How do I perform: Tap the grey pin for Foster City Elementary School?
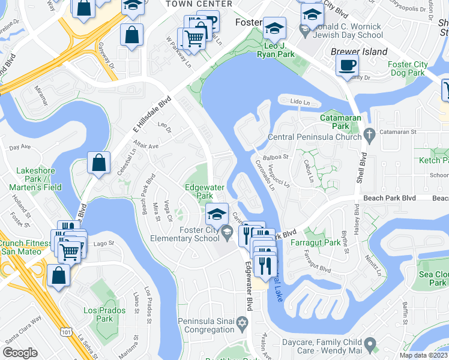(x=226, y=231)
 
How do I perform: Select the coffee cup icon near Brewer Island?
(x=348, y=66)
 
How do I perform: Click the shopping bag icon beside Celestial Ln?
(x=98, y=163)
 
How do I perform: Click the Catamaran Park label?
(x=335, y=122)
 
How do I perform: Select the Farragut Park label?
(x=324, y=243)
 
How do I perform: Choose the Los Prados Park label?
(x=104, y=314)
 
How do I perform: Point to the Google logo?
(x=20, y=353)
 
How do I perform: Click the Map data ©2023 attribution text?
(x=423, y=355)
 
